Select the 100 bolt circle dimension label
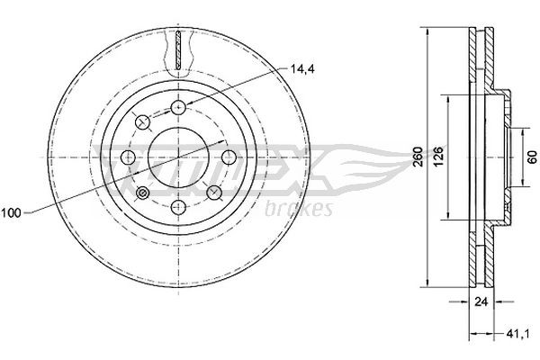click(x=13, y=212)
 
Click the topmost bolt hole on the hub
click(x=179, y=108)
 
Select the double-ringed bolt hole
click(x=143, y=193)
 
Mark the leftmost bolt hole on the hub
click(x=129, y=157)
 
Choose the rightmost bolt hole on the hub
click(x=230, y=157)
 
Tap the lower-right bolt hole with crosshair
click(x=215, y=193)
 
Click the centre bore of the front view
click(x=179, y=157)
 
